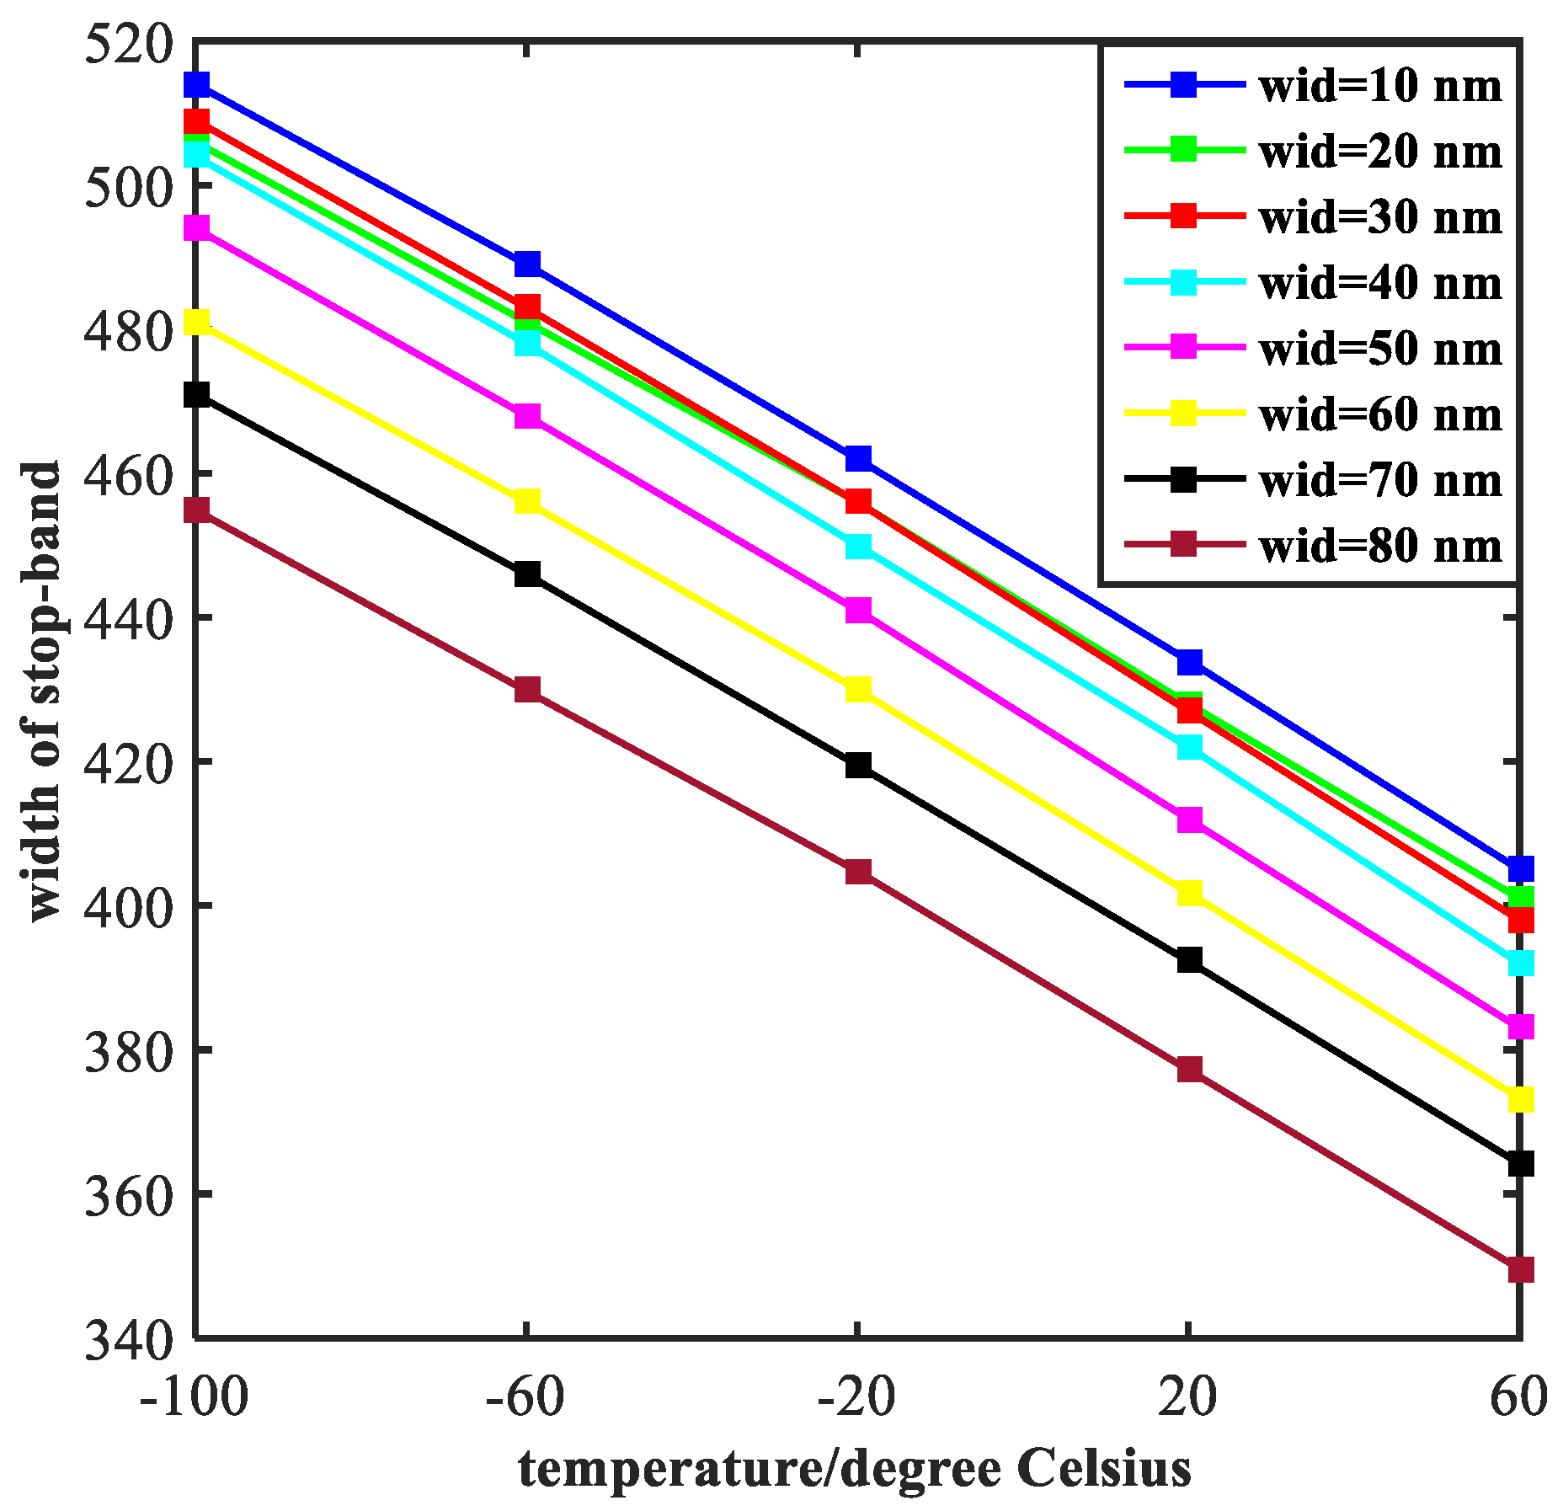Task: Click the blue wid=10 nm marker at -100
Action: (x=196, y=84)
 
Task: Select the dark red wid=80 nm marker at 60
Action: (x=1520, y=1269)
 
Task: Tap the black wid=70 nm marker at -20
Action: (x=858, y=765)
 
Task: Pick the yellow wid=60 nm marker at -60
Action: (x=527, y=500)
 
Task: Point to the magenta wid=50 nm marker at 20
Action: (x=1189, y=820)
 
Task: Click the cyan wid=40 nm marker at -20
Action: (x=858, y=546)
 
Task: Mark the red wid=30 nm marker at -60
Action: (x=527, y=306)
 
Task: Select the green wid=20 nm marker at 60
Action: (x=1521, y=898)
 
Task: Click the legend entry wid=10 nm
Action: (x=1379, y=86)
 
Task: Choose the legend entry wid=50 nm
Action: (x=1379, y=349)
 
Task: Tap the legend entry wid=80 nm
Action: (x=1379, y=546)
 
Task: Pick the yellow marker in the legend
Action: (x=1184, y=414)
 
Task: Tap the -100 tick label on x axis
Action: (x=195, y=1398)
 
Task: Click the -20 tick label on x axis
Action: (x=856, y=1398)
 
